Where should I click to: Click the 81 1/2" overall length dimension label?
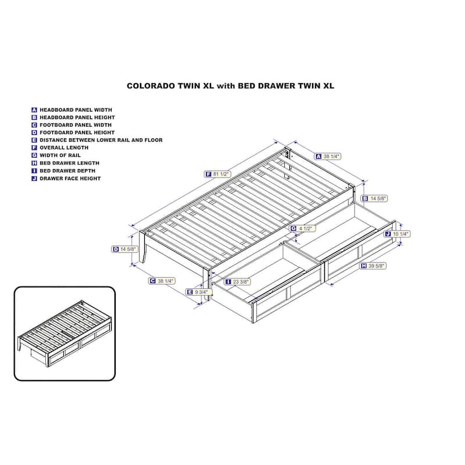click(x=217, y=174)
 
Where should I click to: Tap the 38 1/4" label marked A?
click(x=328, y=156)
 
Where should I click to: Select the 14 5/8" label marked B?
click(x=374, y=198)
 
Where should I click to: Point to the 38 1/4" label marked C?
click(x=162, y=281)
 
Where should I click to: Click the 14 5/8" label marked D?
click(x=125, y=249)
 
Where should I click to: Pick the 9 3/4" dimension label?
click(x=199, y=292)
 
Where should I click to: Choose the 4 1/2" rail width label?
click(x=302, y=228)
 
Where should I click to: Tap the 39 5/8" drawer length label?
click(x=373, y=266)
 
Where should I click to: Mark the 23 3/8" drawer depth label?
click(x=237, y=282)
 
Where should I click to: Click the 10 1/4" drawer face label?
click(x=397, y=234)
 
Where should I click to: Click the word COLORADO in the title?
click(x=151, y=86)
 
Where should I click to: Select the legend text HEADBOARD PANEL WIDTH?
click(x=76, y=110)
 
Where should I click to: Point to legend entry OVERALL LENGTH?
click(x=64, y=148)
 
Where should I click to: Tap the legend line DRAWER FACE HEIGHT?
click(x=70, y=178)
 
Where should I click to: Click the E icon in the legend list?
click(x=34, y=140)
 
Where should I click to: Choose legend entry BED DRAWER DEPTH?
click(x=67, y=171)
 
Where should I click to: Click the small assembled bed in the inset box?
click(x=65, y=334)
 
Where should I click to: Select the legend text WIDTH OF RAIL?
click(x=60, y=155)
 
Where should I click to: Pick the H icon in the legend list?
click(x=34, y=163)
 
